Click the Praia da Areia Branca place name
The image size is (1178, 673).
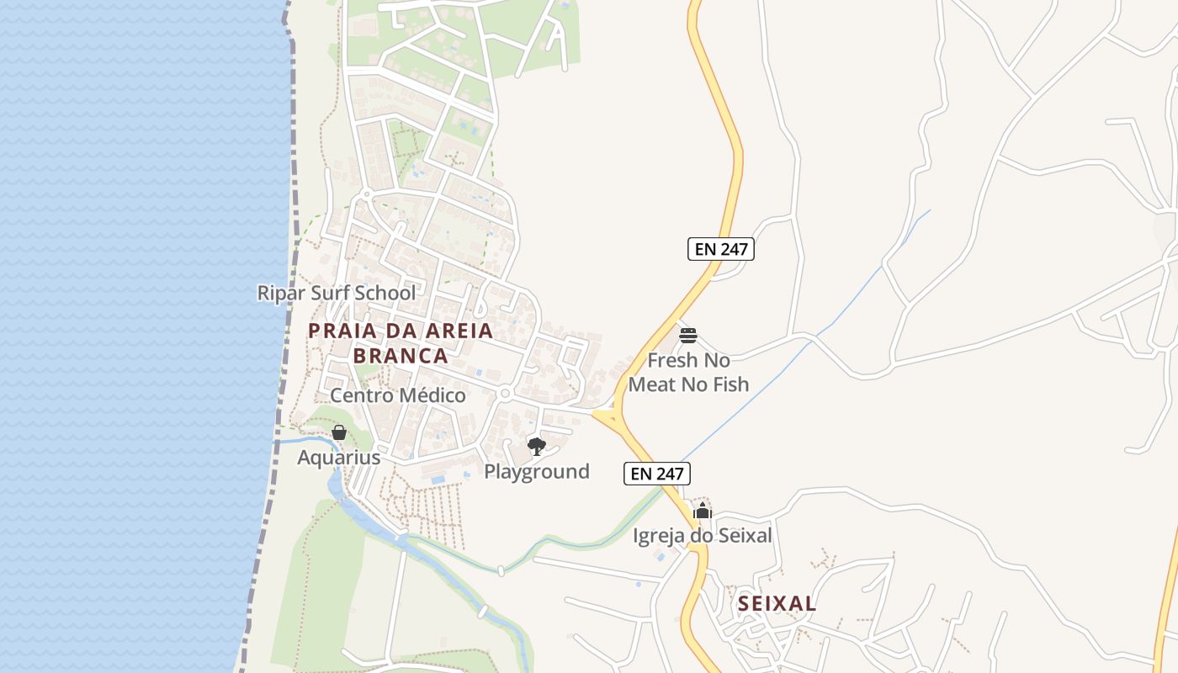point(401,342)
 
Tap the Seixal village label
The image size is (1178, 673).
point(777,603)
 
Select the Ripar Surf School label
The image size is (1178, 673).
point(336,293)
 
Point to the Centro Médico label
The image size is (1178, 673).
point(397,395)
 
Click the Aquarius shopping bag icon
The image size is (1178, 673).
point(339,433)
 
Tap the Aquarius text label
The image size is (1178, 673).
point(339,458)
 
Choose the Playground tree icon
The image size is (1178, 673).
point(537,446)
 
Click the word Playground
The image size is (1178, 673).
point(537,471)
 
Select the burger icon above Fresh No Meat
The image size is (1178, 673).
point(688,336)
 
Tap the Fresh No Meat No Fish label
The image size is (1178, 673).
point(688,372)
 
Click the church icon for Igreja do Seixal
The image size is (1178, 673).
point(703,511)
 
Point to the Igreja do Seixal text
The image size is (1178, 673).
point(703,535)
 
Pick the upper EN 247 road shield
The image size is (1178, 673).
point(721,249)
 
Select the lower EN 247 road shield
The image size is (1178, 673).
point(657,474)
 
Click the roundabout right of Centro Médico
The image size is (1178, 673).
point(505,393)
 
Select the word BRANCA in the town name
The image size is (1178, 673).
point(401,355)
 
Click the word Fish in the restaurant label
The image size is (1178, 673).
point(731,384)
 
